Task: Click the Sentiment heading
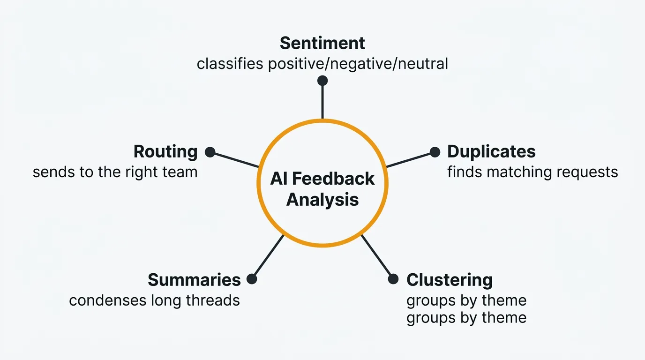point(322,43)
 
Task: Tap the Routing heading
point(165,152)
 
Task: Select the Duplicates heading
point(491,152)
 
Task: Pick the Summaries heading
point(194,280)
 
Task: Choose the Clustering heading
point(450,280)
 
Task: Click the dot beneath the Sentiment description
point(322,81)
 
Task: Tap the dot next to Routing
point(210,152)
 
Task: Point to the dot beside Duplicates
point(435,152)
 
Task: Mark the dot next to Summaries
point(252,279)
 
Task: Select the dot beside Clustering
point(393,279)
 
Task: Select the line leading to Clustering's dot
point(377,257)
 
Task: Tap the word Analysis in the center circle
point(322,200)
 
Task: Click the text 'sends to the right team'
point(115,172)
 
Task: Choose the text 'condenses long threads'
point(154,300)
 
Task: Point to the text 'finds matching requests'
point(532,172)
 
